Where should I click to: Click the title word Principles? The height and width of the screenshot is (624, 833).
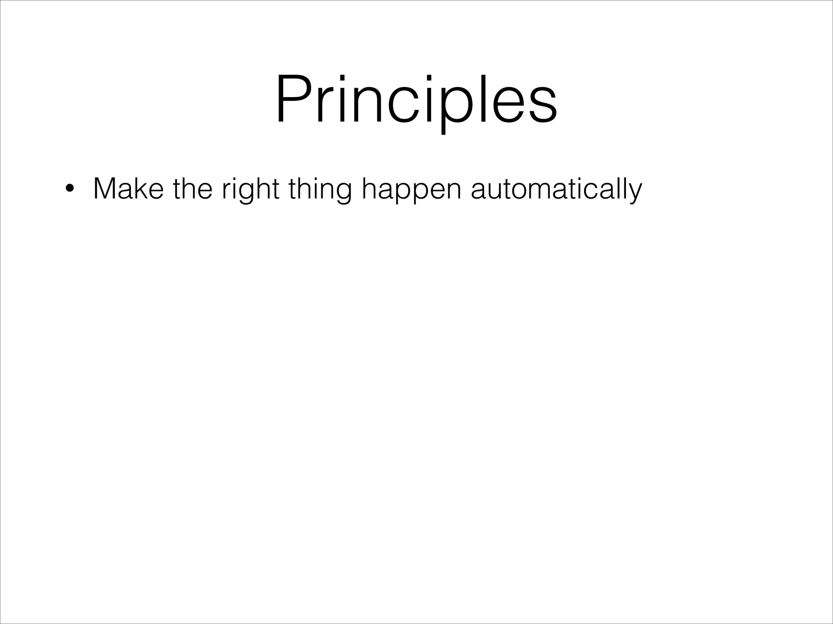point(416,100)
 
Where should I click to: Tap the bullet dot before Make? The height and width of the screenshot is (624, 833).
point(70,189)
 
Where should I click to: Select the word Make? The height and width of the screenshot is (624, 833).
point(128,189)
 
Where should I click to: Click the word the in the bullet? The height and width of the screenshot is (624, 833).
point(192,189)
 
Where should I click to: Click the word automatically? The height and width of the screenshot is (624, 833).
point(556,189)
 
